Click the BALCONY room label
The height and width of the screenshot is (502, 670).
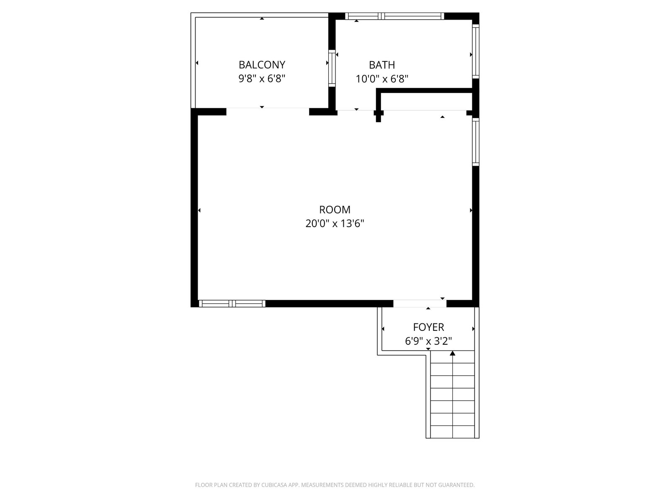(262, 64)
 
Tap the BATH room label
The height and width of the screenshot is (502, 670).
(382, 64)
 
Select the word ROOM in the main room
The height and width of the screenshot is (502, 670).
(335, 210)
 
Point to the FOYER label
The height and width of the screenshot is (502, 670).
(428, 327)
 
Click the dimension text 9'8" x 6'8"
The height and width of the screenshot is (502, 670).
(262, 79)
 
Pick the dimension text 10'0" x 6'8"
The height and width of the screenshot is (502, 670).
(382, 79)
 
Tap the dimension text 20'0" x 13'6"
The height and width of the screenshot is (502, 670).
(335, 223)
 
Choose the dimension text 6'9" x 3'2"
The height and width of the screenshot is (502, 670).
(428, 341)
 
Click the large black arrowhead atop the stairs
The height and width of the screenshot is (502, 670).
(452, 353)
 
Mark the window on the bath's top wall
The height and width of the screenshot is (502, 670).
(394, 16)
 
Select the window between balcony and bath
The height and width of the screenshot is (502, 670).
(332, 68)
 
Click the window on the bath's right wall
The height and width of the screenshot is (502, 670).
(476, 51)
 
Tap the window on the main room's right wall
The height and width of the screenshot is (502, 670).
(476, 142)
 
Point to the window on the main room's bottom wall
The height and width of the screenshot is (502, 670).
(232, 304)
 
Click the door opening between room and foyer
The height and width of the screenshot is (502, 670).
(420, 304)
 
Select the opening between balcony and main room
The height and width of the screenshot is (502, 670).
(268, 112)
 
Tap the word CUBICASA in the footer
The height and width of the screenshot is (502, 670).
(273, 484)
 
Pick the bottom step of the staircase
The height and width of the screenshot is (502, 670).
(452, 432)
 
